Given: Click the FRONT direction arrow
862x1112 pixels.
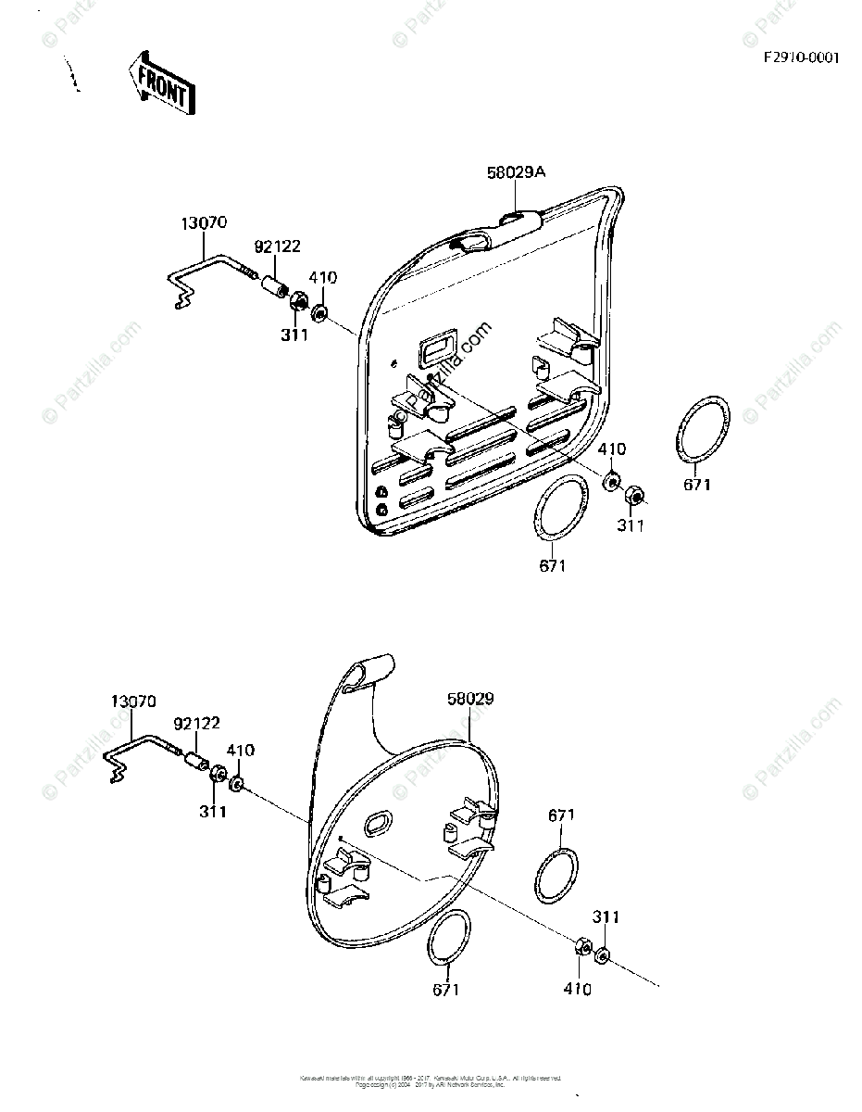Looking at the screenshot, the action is [163, 87].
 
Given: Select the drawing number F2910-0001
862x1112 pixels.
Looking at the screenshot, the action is [801, 57].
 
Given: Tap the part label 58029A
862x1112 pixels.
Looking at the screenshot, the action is [514, 172].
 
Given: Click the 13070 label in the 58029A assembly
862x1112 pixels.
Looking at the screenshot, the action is [204, 222].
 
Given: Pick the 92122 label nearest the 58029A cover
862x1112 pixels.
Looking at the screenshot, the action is [279, 246].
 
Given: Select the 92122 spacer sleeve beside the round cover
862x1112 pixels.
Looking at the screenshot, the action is [195, 759].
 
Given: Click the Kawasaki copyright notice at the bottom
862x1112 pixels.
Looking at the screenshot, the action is [431, 1080].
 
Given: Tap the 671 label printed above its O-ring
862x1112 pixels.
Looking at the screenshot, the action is [561, 815].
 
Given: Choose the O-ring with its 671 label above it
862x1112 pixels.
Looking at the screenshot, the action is [559, 874].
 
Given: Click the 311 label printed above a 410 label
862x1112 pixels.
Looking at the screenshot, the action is [607, 917].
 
